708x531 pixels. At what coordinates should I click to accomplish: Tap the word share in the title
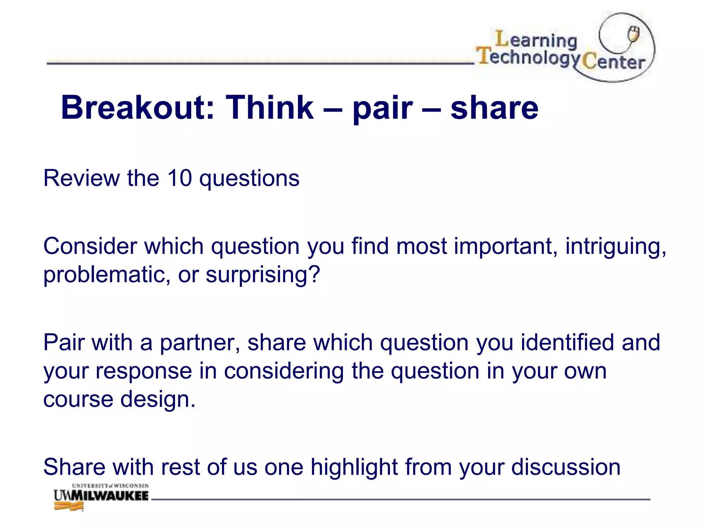coord(494,108)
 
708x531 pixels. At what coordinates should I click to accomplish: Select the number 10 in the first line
coord(179,178)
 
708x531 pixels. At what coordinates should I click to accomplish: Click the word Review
coord(82,178)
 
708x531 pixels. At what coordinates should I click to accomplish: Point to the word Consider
coord(90,246)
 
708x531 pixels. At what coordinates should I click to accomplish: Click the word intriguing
coord(616,247)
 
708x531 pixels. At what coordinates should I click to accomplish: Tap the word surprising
coord(263,275)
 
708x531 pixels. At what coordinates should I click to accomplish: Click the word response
coord(144,371)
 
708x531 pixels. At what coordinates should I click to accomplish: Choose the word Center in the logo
coord(614,62)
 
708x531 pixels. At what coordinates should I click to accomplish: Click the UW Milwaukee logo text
coord(101,496)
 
